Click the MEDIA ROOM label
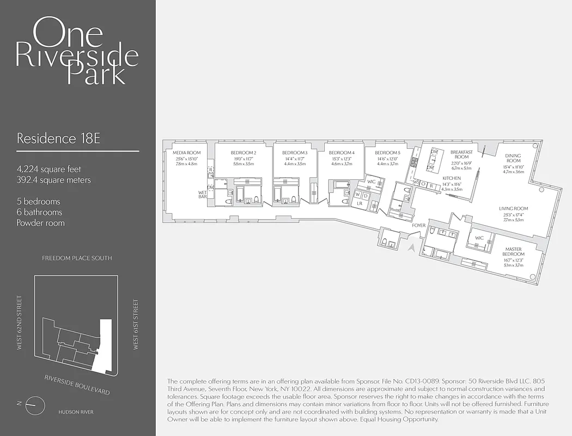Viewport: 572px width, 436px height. [x=186, y=153]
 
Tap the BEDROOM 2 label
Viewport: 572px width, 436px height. [x=243, y=153]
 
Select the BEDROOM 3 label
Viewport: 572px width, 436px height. [x=295, y=153]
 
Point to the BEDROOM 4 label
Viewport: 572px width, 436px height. [x=342, y=153]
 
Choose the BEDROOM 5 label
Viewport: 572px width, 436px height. [x=387, y=153]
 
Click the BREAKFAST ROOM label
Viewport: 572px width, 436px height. [x=461, y=154]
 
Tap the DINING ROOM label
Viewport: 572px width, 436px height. [x=513, y=158]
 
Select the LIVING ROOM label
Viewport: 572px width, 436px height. [x=513, y=209]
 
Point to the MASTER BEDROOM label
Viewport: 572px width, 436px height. [x=513, y=251]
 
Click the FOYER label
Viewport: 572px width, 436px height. [x=418, y=225]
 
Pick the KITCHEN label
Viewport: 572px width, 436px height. [x=452, y=178]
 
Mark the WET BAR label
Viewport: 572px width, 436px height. [x=203, y=195]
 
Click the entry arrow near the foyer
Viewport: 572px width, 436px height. [x=412, y=248]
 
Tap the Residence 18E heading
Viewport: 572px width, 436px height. [x=58, y=138]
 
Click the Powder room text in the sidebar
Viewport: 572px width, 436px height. [x=40, y=223]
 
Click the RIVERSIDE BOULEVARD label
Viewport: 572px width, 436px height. [x=77, y=385]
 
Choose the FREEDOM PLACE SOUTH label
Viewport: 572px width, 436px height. [x=77, y=258]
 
